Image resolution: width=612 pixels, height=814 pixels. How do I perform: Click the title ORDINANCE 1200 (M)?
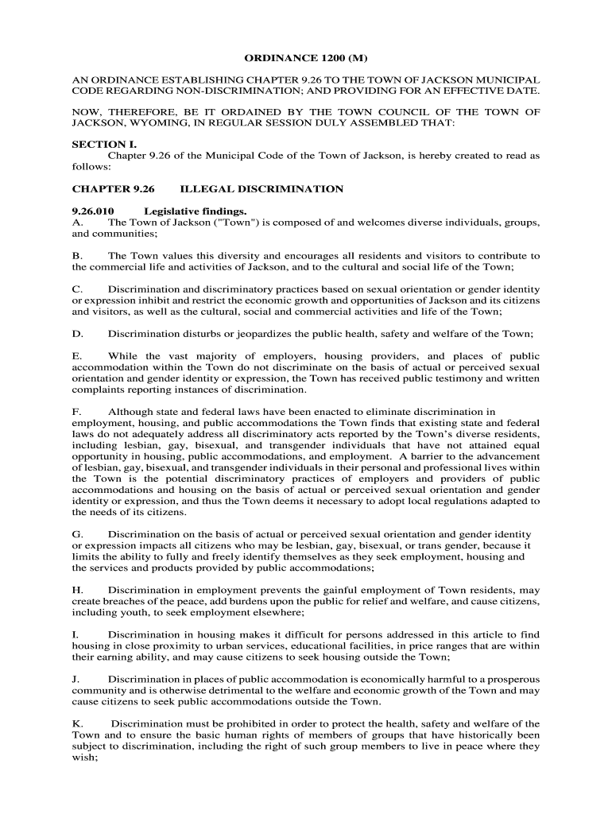click(x=305, y=59)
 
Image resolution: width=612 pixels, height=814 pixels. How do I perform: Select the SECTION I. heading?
click(x=104, y=145)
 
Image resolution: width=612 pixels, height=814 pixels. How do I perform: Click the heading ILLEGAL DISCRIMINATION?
click(x=262, y=189)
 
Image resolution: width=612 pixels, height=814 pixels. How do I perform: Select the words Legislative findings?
click(x=196, y=211)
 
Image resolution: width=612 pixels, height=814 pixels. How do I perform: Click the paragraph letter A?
click(x=76, y=223)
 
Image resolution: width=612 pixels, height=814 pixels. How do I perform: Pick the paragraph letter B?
click(x=76, y=256)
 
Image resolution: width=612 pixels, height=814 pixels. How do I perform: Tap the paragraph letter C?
click(x=76, y=289)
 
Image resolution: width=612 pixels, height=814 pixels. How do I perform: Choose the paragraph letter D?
click(x=76, y=334)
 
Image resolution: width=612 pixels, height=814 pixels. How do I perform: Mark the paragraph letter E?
click(x=76, y=356)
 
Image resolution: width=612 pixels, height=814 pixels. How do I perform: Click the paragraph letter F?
click(x=76, y=412)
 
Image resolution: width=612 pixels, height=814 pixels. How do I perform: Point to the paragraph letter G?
click(x=76, y=534)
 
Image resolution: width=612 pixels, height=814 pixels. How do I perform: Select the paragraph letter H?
click(x=76, y=590)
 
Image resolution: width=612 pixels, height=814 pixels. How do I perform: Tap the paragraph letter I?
click(x=75, y=634)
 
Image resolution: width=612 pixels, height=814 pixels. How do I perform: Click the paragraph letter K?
click(x=76, y=723)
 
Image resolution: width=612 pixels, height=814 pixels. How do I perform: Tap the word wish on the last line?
click(x=83, y=758)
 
